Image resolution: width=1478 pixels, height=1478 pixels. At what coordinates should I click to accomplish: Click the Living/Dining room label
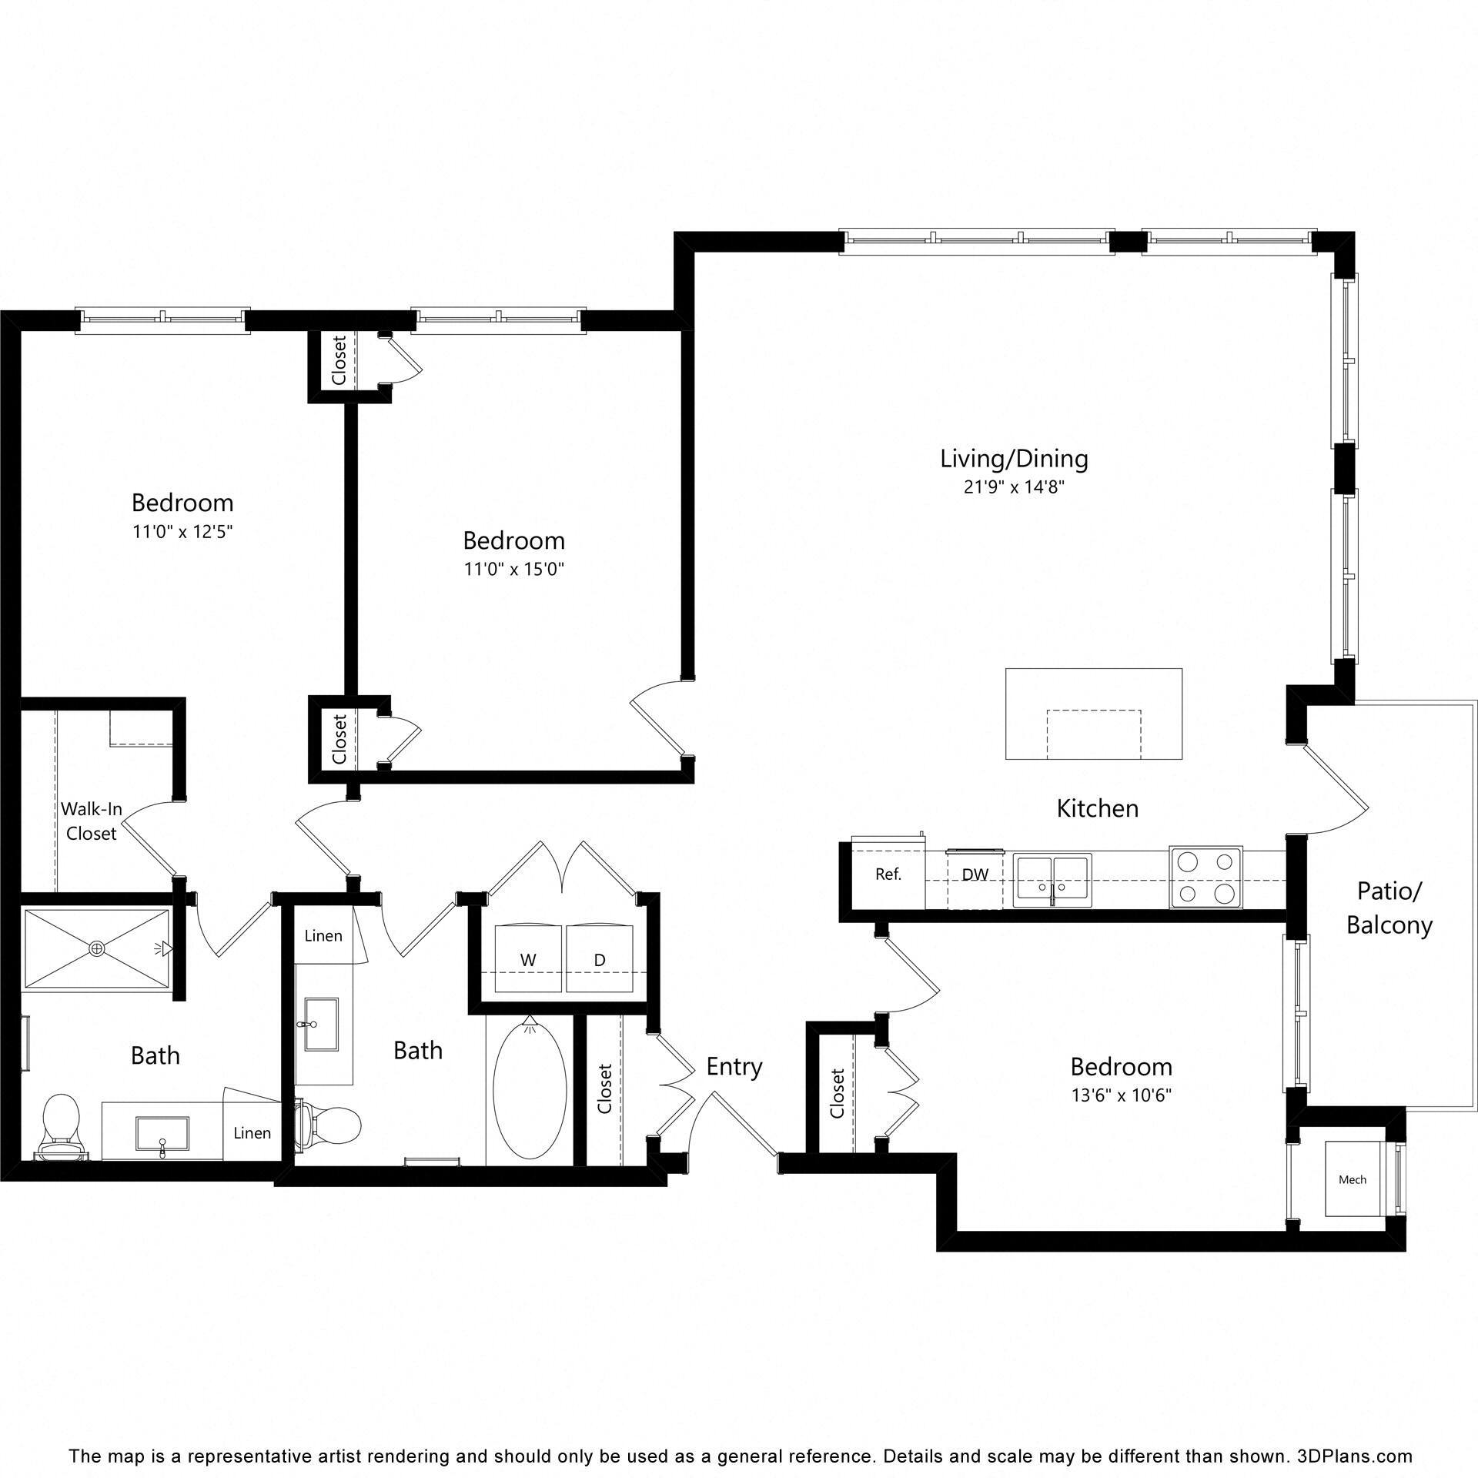pos(1014,459)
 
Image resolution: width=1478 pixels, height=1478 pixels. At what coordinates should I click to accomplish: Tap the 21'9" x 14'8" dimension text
pos(1014,487)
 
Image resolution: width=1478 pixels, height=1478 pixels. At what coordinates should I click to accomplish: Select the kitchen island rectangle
pos(1093,714)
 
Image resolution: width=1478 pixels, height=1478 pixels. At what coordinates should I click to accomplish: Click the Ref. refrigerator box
pos(888,874)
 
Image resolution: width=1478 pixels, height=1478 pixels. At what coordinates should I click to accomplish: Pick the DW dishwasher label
pos(975,875)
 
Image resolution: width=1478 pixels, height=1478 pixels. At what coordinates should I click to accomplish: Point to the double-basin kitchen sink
pos(1052,880)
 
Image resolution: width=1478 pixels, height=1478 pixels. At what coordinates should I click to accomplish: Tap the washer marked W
pos(528,959)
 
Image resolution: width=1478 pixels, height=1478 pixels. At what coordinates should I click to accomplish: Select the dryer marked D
pos(599,959)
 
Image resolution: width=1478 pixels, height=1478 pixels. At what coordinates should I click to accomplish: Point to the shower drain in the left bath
pos(96,948)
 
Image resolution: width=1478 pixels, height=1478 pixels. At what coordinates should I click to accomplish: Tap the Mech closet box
pos(1352,1179)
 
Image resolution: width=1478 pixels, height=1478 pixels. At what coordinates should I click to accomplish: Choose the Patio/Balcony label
pos(1389,908)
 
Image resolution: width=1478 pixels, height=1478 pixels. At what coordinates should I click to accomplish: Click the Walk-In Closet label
pos(91,821)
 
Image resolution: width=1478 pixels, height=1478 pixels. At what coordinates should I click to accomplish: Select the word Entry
pos(734,1067)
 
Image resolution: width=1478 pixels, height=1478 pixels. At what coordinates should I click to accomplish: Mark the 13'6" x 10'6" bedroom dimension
pos(1121,1095)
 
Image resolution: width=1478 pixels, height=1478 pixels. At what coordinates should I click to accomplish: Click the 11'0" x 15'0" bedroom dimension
pos(513,570)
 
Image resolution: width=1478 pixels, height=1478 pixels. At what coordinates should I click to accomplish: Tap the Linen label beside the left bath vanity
pos(252,1133)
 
